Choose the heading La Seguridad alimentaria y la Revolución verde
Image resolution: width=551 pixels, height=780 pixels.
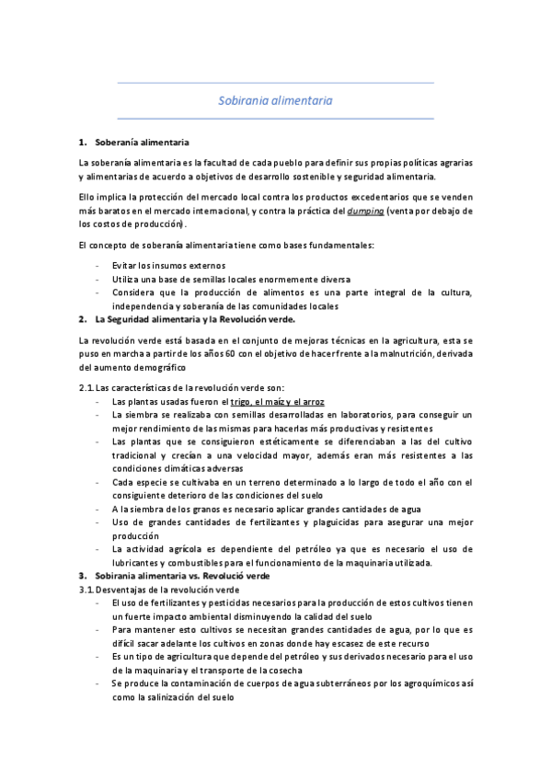tap(195, 320)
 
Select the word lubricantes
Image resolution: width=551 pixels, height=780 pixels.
tap(139, 563)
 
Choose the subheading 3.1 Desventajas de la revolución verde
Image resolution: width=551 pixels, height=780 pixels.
tap(159, 590)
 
